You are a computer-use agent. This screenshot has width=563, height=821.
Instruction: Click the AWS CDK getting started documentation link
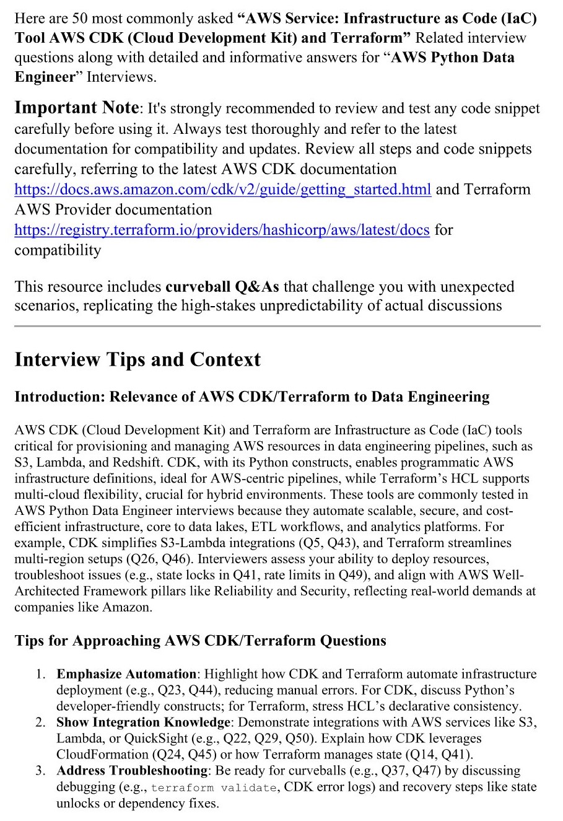pyautogui.click(x=222, y=189)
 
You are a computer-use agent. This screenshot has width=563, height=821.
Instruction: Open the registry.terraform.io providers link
pyautogui.click(x=222, y=230)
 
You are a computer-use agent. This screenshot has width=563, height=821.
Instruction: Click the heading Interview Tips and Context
pyautogui.click(x=137, y=360)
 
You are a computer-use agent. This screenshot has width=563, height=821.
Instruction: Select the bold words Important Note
pyautogui.click(x=77, y=108)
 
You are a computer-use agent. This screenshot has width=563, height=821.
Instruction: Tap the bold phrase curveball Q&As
pyautogui.click(x=222, y=287)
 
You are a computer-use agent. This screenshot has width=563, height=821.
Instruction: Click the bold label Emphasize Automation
pyautogui.click(x=126, y=674)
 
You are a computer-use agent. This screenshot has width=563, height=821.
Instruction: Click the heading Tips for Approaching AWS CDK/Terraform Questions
pyautogui.click(x=200, y=641)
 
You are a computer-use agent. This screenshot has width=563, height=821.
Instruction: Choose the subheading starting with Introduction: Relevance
pyautogui.click(x=251, y=397)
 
